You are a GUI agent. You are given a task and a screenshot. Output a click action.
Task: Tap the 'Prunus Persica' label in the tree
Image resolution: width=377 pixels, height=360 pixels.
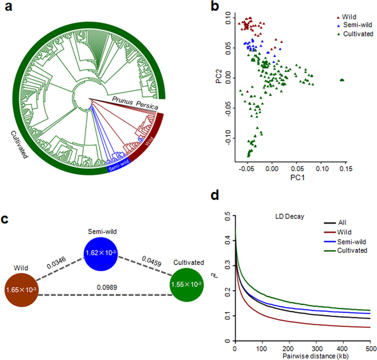click(x=135, y=103)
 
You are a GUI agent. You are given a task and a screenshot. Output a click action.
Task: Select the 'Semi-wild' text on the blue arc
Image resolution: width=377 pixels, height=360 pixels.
click(x=119, y=165)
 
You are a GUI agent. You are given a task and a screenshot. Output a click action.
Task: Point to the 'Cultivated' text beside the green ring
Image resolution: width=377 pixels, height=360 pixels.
click(x=19, y=144)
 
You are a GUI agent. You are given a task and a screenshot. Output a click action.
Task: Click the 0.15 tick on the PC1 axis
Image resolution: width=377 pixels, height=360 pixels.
click(x=346, y=169)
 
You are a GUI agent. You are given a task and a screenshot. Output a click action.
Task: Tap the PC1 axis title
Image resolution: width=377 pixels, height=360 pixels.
click(x=297, y=178)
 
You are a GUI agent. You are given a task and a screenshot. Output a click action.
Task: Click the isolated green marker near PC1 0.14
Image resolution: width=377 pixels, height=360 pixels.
click(x=342, y=80)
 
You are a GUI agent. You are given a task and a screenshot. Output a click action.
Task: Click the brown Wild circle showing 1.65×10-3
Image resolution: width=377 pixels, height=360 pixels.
click(x=22, y=290)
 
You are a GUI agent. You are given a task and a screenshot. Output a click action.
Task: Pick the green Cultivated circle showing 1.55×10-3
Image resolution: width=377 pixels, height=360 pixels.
click(x=186, y=285)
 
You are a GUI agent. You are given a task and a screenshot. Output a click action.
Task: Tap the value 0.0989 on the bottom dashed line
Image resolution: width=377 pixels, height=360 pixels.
click(x=107, y=288)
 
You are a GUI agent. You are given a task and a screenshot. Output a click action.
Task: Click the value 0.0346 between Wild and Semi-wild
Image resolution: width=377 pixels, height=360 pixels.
click(x=56, y=262)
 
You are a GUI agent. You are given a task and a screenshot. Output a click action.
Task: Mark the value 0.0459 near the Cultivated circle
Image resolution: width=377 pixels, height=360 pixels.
click(x=152, y=261)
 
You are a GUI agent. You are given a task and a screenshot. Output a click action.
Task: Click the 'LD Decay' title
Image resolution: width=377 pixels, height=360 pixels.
click(x=290, y=217)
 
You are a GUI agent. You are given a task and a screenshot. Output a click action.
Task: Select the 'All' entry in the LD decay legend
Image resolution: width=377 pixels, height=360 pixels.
click(x=342, y=222)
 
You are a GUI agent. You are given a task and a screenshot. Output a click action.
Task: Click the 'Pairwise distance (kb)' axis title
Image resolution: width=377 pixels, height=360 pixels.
click(x=315, y=356)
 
